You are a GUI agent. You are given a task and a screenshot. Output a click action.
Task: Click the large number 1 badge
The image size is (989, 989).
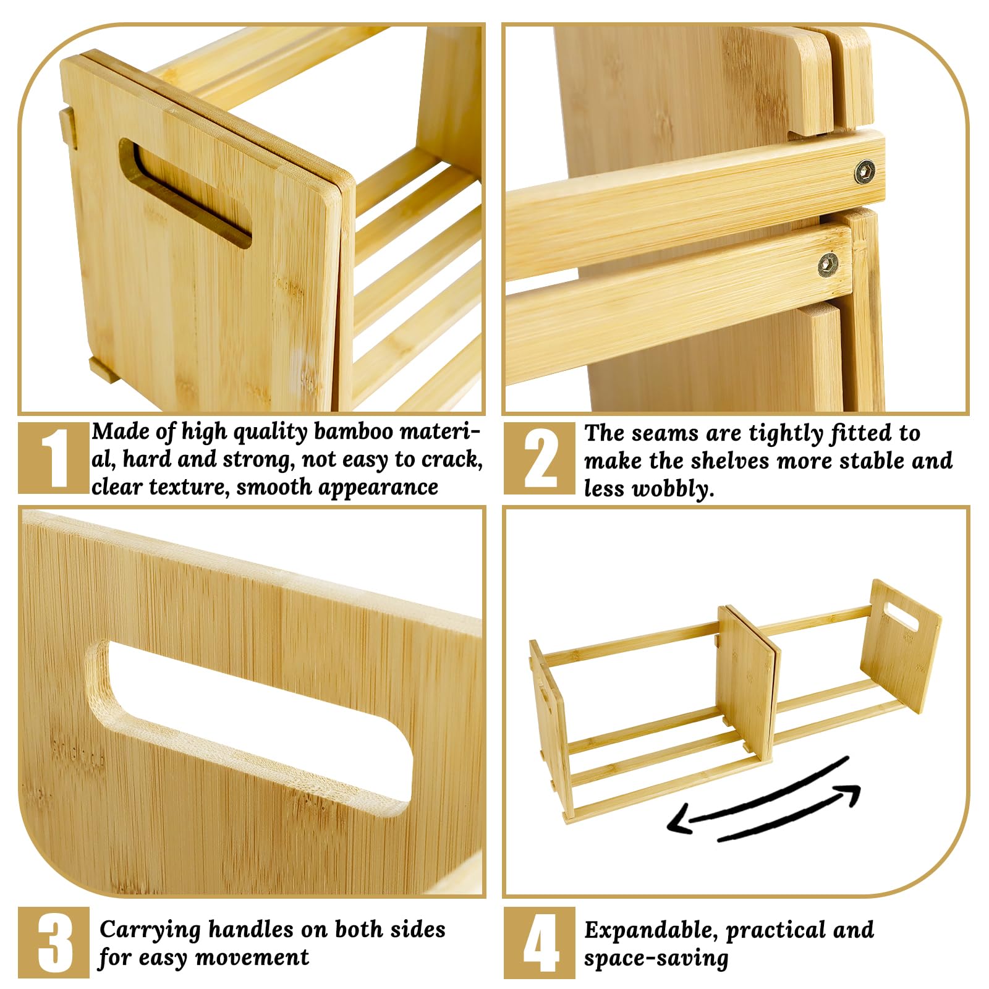54,458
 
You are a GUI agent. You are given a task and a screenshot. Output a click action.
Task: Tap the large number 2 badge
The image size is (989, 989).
539,458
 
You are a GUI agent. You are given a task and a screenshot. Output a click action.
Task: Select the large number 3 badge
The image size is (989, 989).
54,943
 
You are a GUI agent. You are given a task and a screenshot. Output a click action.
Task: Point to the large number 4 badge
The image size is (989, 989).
539,943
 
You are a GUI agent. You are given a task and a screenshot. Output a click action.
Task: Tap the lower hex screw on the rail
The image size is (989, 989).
828,265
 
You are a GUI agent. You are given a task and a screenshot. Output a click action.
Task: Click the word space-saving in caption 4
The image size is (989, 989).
656,958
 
